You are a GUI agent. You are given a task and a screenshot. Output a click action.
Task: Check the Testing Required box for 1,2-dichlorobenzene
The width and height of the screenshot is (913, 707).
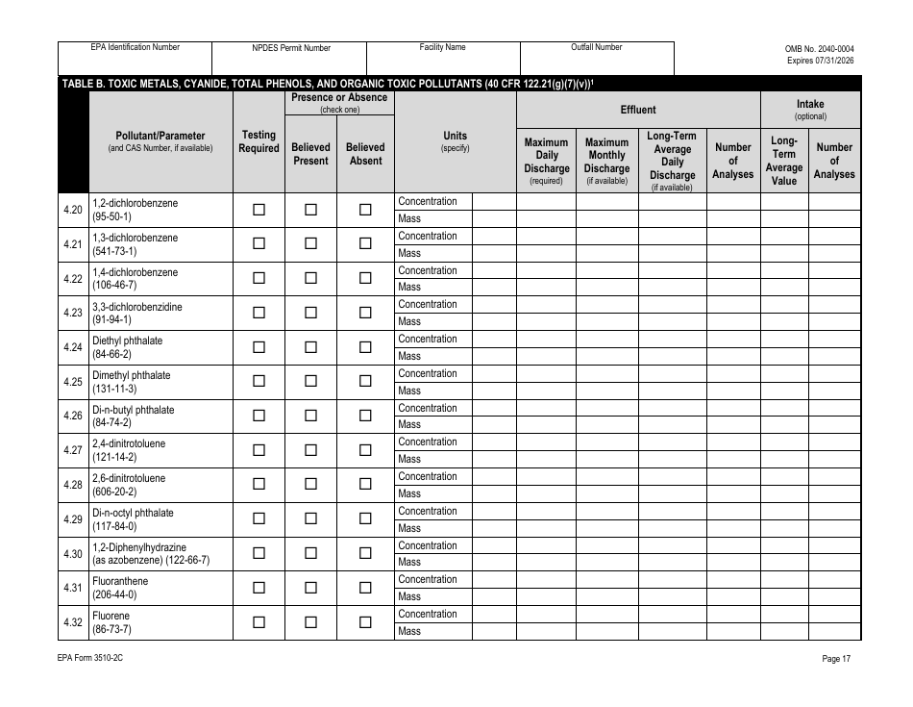tap(259, 210)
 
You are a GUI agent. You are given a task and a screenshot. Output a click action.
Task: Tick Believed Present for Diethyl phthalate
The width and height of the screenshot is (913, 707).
tap(310, 347)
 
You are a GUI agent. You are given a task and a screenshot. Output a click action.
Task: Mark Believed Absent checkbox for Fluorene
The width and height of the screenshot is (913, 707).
tap(365, 622)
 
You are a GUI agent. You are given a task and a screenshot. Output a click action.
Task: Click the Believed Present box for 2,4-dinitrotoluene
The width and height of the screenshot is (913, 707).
tap(310, 450)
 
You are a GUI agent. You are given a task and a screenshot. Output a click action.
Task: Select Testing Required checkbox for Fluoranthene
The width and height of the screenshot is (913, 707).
tap(259, 588)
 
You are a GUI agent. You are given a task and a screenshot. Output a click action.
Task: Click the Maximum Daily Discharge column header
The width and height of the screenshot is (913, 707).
tap(546, 161)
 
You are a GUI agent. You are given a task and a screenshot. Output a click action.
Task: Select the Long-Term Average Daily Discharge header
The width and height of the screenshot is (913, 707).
tap(672, 161)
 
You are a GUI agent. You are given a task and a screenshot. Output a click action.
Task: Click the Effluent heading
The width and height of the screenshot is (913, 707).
tap(638, 110)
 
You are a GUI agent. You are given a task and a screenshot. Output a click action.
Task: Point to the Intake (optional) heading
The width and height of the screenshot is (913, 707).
tap(810, 110)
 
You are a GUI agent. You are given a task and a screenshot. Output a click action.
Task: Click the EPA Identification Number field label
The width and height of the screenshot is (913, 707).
tap(135, 47)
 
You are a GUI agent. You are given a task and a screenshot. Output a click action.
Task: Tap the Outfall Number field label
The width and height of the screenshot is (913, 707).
tap(597, 47)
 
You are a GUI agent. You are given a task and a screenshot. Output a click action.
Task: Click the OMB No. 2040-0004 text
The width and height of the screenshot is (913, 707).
tap(819, 48)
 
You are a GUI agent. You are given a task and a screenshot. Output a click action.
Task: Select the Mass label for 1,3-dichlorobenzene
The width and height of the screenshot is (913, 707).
tap(409, 253)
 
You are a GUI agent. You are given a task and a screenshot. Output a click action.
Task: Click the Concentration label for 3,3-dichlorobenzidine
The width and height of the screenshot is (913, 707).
tap(428, 304)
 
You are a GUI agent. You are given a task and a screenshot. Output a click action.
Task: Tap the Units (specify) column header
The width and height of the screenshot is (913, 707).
tap(455, 141)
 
